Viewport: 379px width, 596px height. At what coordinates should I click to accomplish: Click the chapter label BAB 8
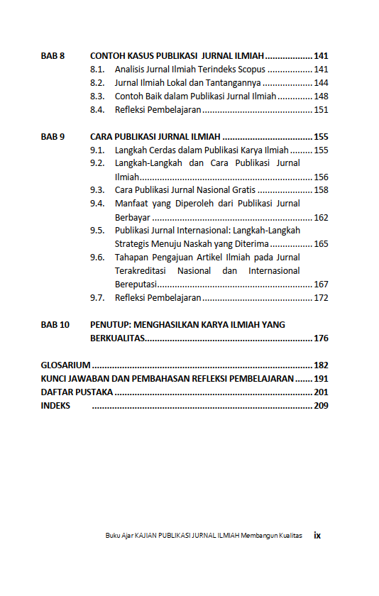point(53,56)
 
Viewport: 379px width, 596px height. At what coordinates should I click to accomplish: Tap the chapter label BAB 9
point(53,137)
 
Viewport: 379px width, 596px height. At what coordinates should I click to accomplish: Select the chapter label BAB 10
point(55,325)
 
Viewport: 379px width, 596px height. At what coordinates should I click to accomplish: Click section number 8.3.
point(98,96)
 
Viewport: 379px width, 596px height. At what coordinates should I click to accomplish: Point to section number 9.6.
point(98,258)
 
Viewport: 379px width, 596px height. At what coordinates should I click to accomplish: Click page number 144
point(321,83)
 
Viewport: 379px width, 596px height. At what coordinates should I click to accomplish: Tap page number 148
point(321,96)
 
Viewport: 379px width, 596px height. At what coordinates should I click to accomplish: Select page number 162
point(321,218)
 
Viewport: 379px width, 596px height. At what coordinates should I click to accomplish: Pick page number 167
point(321,285)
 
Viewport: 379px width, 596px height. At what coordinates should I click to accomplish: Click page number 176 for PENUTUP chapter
point(321,338)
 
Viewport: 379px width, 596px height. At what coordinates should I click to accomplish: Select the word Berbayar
point(132,218)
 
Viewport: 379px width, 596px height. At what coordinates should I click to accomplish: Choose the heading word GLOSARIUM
point(65,365)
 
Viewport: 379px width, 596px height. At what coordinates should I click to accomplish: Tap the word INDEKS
point(55,406)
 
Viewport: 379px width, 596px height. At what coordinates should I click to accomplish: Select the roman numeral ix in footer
point(317,536)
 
